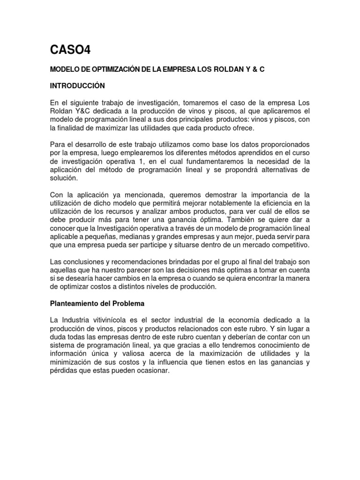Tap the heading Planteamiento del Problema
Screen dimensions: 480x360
[x=97, y=303]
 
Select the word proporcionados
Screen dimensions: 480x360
[x=283, y=145]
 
